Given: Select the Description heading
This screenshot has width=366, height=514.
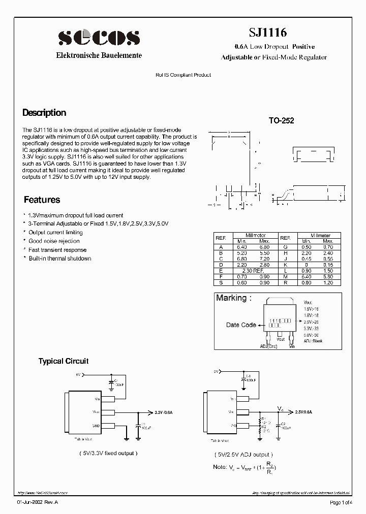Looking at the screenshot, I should coord(44,113).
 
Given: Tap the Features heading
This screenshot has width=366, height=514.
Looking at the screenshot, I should coord(42,200).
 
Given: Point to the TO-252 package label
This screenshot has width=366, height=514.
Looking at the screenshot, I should coord(281,121).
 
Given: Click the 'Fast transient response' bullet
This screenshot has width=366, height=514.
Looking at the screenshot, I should coord(57,250).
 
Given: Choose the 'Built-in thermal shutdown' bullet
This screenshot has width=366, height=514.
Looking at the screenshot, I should coord(60,259).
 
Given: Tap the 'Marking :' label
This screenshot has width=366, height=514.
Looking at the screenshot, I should coord(234,298).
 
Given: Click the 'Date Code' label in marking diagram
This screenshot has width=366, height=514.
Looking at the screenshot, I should coord(241,325).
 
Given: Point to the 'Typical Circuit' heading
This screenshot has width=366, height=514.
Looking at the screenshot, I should coord(64,361).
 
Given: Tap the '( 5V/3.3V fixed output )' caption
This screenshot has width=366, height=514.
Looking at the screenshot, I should coord(108,453).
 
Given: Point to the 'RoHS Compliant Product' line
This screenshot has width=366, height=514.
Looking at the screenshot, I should coord(183,75).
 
